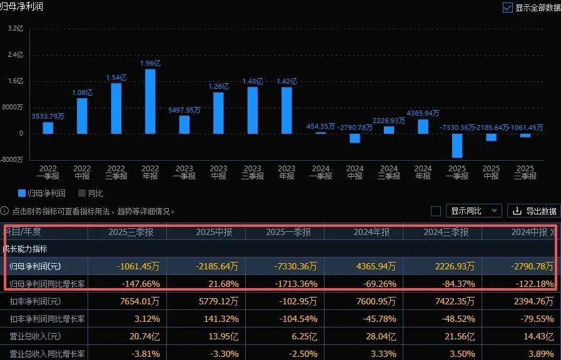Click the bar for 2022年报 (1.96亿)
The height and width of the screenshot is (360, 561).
pos(150,101)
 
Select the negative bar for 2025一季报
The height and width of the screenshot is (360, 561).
pos(457,145)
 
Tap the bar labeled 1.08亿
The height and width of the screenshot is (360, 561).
pos(82,116)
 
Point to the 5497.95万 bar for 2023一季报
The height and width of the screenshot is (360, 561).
pos(184,124)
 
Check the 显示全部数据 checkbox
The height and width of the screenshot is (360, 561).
pos(508,8)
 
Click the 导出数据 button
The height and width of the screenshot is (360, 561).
pos(533,211)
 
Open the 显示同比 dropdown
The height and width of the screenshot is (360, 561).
pos(475,211)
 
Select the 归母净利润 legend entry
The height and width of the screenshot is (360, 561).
pos(42,193)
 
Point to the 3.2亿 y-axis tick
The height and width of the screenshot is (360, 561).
pos(15,29)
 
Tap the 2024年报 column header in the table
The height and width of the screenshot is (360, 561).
pos(371,232)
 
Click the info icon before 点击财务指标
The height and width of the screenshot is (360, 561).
pos(4,211)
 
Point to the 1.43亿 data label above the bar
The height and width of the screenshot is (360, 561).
pos(252,81)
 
